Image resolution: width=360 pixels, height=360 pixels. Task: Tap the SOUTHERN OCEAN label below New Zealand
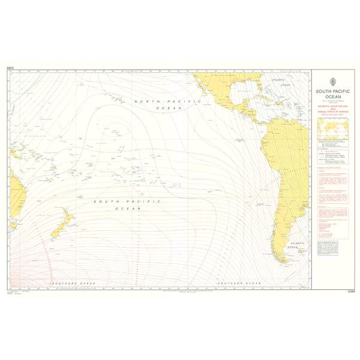coord(70,283)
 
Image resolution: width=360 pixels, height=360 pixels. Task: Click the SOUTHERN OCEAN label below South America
coord(238,283)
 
